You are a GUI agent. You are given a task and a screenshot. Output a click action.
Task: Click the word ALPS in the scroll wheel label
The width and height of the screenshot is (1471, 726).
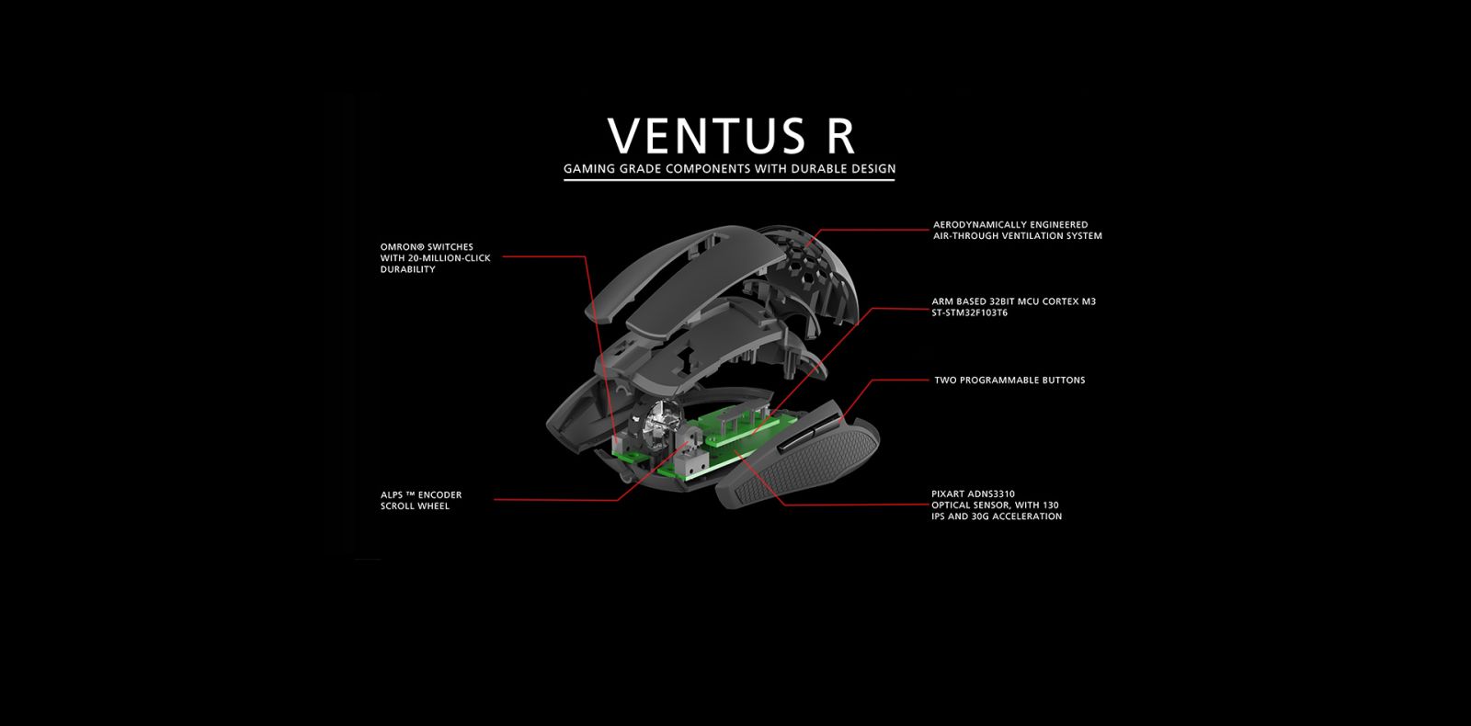392,495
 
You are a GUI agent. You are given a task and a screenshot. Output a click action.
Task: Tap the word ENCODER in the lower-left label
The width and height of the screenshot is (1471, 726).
440,495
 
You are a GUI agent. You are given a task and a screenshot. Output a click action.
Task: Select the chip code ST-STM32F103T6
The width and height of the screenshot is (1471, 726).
969,312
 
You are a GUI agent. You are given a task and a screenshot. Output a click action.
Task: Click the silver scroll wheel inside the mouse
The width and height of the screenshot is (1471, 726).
657,424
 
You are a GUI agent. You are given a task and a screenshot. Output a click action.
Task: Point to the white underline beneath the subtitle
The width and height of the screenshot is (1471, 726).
729,179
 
